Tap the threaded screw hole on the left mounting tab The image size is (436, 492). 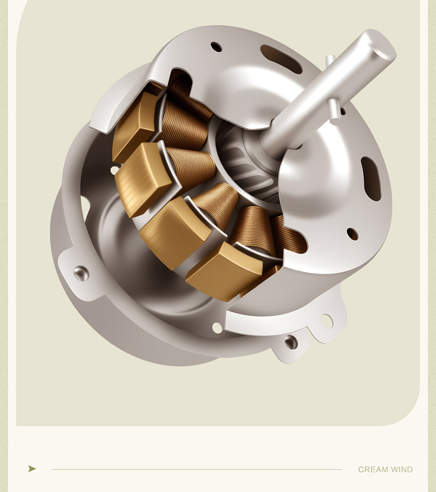pyautogui.click(x=81, y=274)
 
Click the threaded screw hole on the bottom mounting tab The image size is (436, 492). pyautogui.click(x=291, y=342)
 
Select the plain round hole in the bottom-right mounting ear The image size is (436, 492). pyautogui.click(x=327, y=321)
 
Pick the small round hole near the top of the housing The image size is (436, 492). pyautogui.click(x=216, y=47)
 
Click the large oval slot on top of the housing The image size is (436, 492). pyautogui.click(x=281, y=58)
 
